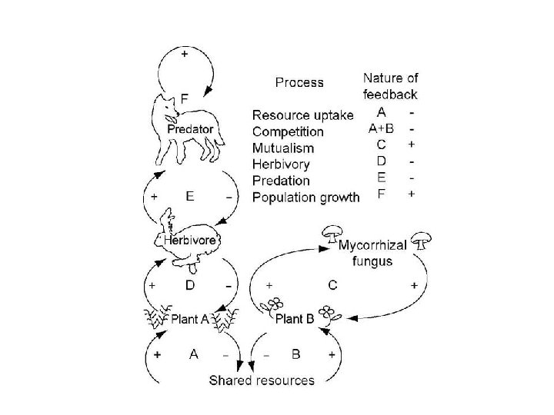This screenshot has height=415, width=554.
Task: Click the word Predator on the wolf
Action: coord(191,130)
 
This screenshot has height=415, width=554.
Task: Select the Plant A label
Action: coord(189,317)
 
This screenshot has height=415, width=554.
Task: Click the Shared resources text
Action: coord(263,380)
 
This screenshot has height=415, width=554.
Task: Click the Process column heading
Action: coord(299,82)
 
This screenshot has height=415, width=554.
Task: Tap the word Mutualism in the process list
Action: coord(283,148)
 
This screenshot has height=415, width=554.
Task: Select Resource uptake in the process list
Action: coord(303,115)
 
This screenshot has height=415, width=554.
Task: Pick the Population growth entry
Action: coord(305,198)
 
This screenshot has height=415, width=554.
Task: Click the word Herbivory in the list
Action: coord(282,164)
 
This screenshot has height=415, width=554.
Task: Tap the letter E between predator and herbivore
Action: coord(189,196)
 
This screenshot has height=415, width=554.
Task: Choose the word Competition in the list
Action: coord(288,131)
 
